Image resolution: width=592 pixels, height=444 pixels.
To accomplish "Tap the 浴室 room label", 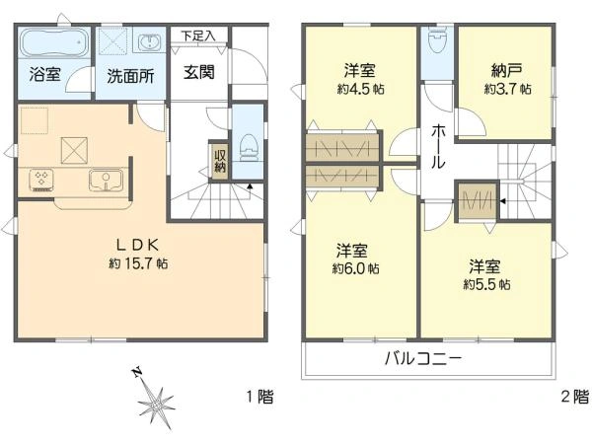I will pos(43,75).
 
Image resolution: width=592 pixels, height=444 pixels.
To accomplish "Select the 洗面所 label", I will pos(129,75).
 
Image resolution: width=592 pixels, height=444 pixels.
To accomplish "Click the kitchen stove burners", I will pos(42,179).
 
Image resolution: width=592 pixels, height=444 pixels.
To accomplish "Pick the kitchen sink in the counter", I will pos(105,180).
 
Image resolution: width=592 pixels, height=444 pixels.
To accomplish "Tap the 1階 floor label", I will pos(259,397).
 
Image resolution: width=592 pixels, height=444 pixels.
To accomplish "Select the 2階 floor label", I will pos(575,397).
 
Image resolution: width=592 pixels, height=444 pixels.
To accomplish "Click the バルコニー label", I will pos(422,358).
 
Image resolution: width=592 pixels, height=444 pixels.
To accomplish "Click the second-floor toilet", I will pos(435,43).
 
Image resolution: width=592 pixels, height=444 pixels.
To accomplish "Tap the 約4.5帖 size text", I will pos(359,89).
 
